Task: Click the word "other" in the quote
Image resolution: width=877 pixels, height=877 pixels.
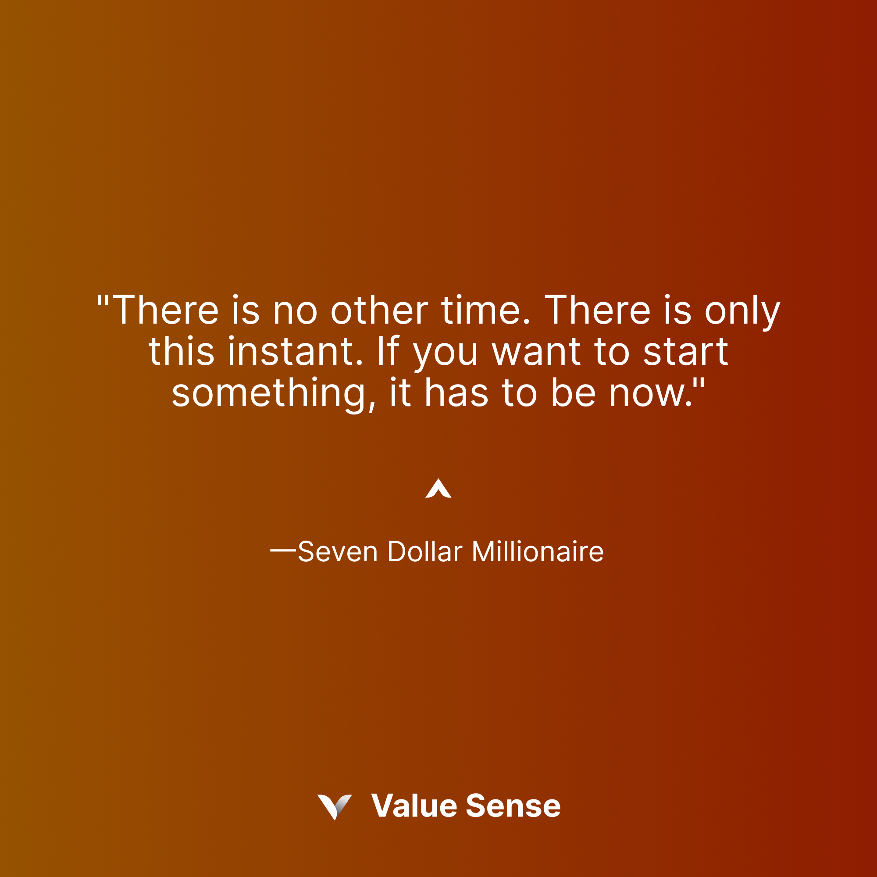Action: (379, 311)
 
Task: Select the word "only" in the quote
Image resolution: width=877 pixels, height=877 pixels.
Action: (743, 312)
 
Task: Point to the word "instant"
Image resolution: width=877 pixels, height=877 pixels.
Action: (296, 352)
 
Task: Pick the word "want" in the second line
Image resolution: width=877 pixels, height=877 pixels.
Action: (536, 353)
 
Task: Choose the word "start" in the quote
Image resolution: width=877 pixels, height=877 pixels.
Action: (685, 352)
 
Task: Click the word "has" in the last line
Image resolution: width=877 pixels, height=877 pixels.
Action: (456, 392)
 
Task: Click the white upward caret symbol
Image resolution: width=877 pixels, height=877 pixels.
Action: (438, 489)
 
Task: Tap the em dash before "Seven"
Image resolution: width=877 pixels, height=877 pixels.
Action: (283, 551)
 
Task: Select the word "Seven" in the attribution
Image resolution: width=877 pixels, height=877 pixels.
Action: (338, 552)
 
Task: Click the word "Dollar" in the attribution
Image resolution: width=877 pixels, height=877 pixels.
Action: (425, 552)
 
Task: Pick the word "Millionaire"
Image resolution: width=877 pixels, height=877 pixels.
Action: (538, 552)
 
